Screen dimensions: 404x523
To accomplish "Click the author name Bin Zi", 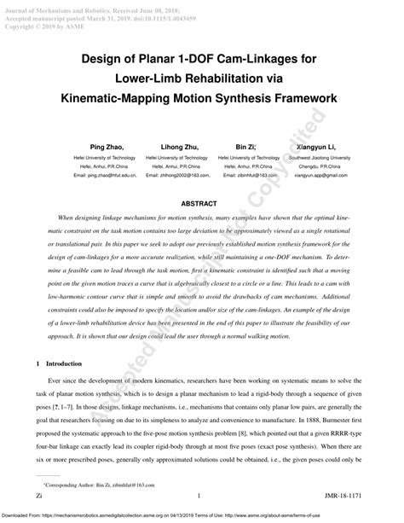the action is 246,147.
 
